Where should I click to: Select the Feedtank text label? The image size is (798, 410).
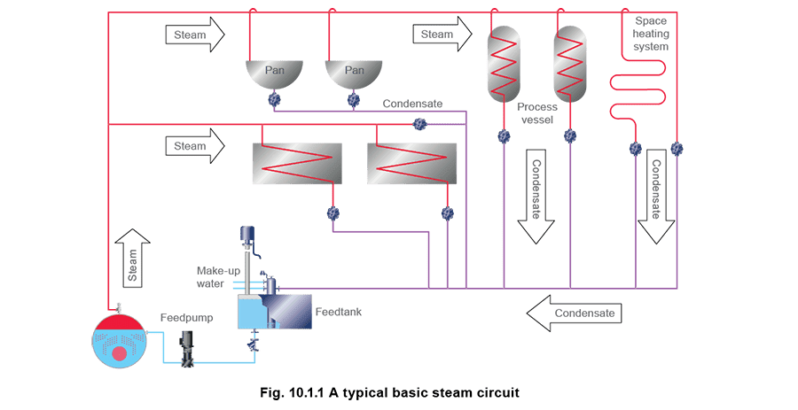tap(339, 313)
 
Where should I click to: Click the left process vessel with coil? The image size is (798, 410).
tap(504, 63)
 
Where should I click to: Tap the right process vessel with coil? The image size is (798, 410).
tap(570, 63)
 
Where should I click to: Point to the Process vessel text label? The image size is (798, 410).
tap(536, 112)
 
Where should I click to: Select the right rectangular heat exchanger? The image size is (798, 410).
tap(411, 163)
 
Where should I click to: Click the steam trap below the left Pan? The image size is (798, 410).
tap(274, 100)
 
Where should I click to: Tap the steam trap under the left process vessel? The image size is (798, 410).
tap(504, 136)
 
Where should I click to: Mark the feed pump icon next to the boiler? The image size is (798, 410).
tap(187, 349)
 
